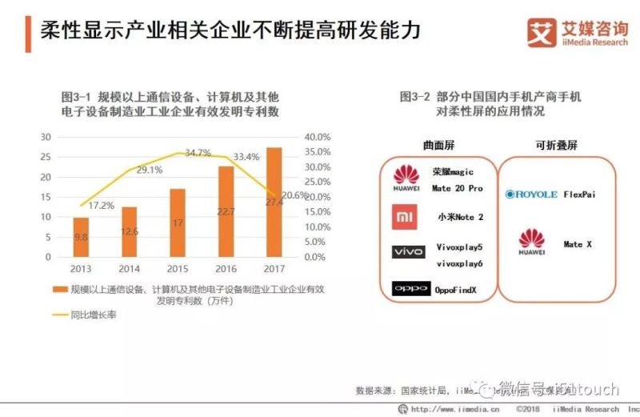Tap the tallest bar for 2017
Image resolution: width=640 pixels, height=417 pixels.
(274, 202)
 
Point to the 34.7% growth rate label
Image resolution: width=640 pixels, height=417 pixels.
(198, 152)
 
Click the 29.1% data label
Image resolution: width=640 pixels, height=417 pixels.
(150, 170)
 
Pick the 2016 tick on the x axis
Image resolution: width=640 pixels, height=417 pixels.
(226, 269)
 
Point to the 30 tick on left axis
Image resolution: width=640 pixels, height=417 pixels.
(46, 137)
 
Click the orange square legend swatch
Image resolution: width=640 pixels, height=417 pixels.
(58, 288)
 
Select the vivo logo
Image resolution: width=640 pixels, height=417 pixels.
(408, 252)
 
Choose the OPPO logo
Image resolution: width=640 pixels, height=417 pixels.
(411, 288)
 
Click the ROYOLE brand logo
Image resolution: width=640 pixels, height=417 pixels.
(531, 194)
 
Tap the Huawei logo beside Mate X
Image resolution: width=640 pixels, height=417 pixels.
(532, 243)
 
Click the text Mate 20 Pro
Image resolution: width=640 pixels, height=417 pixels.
(457, 188)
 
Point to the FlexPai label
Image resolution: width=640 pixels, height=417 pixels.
(580, 194)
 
